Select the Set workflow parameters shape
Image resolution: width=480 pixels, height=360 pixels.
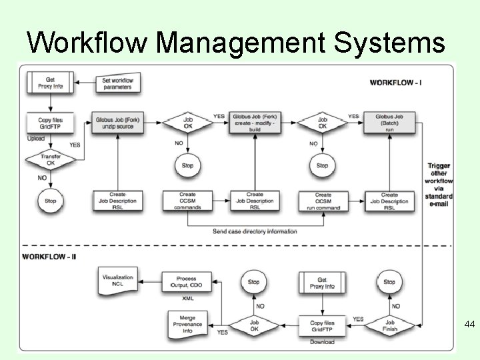click(117, 83)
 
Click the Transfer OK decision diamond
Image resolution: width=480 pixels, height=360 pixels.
click(46, 160)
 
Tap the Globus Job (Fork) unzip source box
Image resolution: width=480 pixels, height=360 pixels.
click(118, 123)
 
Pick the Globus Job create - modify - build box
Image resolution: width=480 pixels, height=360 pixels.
click(255, 123)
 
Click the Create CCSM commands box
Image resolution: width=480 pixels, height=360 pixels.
click(187, 201)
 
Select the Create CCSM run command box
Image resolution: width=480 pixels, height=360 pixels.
click(323, 201)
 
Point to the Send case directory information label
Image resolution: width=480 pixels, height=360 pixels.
click(255, 231)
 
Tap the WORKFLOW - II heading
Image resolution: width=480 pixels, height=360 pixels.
click(50, 256)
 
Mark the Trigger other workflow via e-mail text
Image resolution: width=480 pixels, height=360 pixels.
click(439, 185)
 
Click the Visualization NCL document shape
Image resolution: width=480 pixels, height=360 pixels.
click(117, 282)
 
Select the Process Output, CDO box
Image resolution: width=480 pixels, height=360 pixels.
click(187, 283)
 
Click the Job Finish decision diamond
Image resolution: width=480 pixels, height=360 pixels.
click(390, 324)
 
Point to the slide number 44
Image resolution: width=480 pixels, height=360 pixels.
click(469, 325)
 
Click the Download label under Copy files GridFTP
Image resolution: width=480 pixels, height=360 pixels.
click(322, 342)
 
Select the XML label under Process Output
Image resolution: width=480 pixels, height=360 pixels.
click(187, 298)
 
